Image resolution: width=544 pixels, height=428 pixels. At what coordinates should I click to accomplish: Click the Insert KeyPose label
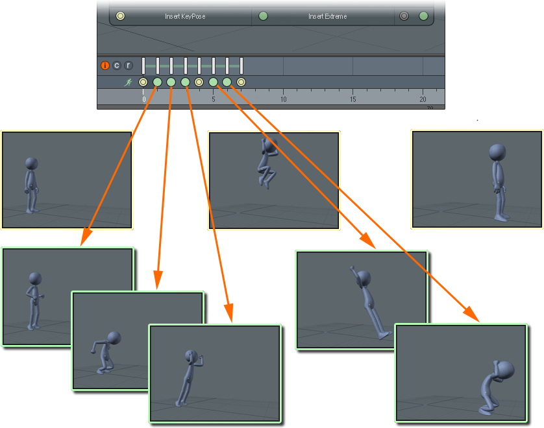pos(185,16)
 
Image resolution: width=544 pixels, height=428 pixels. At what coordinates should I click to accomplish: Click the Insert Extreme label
pos(328,16)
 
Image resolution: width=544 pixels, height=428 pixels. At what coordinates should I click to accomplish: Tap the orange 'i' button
pos(105,65)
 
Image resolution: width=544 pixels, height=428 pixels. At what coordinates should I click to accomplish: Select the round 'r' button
pos(129,65)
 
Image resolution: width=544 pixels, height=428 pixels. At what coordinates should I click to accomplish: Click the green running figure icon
pos(129,82)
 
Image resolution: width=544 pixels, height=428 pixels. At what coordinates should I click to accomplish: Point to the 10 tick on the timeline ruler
pos(284,91)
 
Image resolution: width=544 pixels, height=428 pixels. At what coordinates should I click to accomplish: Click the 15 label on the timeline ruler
pos(353,99)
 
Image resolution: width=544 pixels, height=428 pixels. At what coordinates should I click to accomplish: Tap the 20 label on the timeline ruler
pos(423,99)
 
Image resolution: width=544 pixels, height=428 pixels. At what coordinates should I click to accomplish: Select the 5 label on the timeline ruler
pos(214,99)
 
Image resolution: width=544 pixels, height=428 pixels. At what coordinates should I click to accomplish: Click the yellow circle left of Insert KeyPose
pos(120,16)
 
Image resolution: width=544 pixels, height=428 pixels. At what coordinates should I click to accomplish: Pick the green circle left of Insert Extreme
pos(264,16)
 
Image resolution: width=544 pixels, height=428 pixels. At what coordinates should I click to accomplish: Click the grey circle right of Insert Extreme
pos(404,16)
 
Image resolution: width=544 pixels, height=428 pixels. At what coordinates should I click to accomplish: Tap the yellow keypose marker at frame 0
pos(143,82)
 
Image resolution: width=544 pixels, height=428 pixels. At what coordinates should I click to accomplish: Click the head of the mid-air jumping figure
pos(269,144)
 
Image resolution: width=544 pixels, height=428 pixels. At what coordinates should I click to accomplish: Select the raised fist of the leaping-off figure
pos(352,268)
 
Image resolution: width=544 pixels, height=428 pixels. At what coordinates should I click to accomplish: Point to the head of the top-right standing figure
pos(497,152)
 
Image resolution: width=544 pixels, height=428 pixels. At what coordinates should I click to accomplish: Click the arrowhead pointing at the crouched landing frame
pos(472,315)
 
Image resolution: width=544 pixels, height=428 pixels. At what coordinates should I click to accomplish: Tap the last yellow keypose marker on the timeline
pos(241,82)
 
